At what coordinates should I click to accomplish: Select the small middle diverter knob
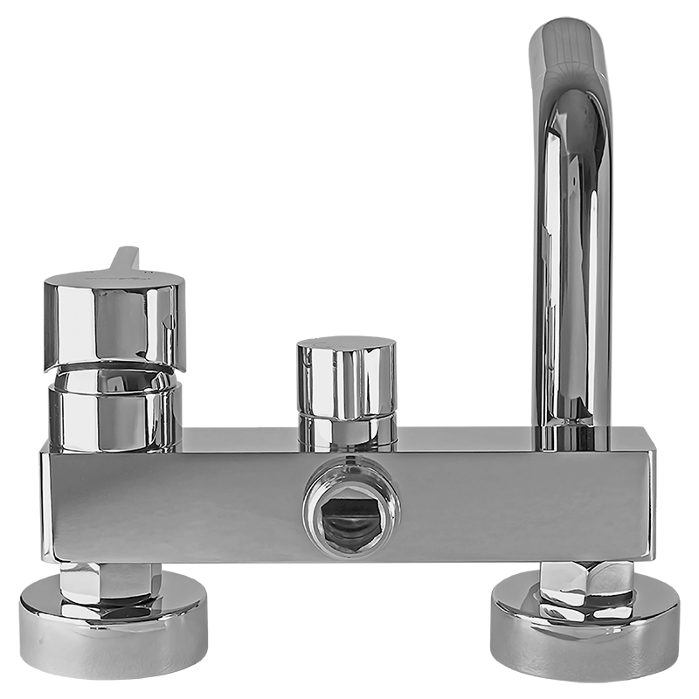coord(346,381)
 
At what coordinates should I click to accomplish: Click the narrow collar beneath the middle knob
coord(348,433)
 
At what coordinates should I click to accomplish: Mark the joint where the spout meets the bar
coord(572,441)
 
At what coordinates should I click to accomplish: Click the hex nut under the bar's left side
coord(110,581)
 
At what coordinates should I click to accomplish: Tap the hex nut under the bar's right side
coord(585,582)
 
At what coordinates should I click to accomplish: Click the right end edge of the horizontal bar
coord(652,505)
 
